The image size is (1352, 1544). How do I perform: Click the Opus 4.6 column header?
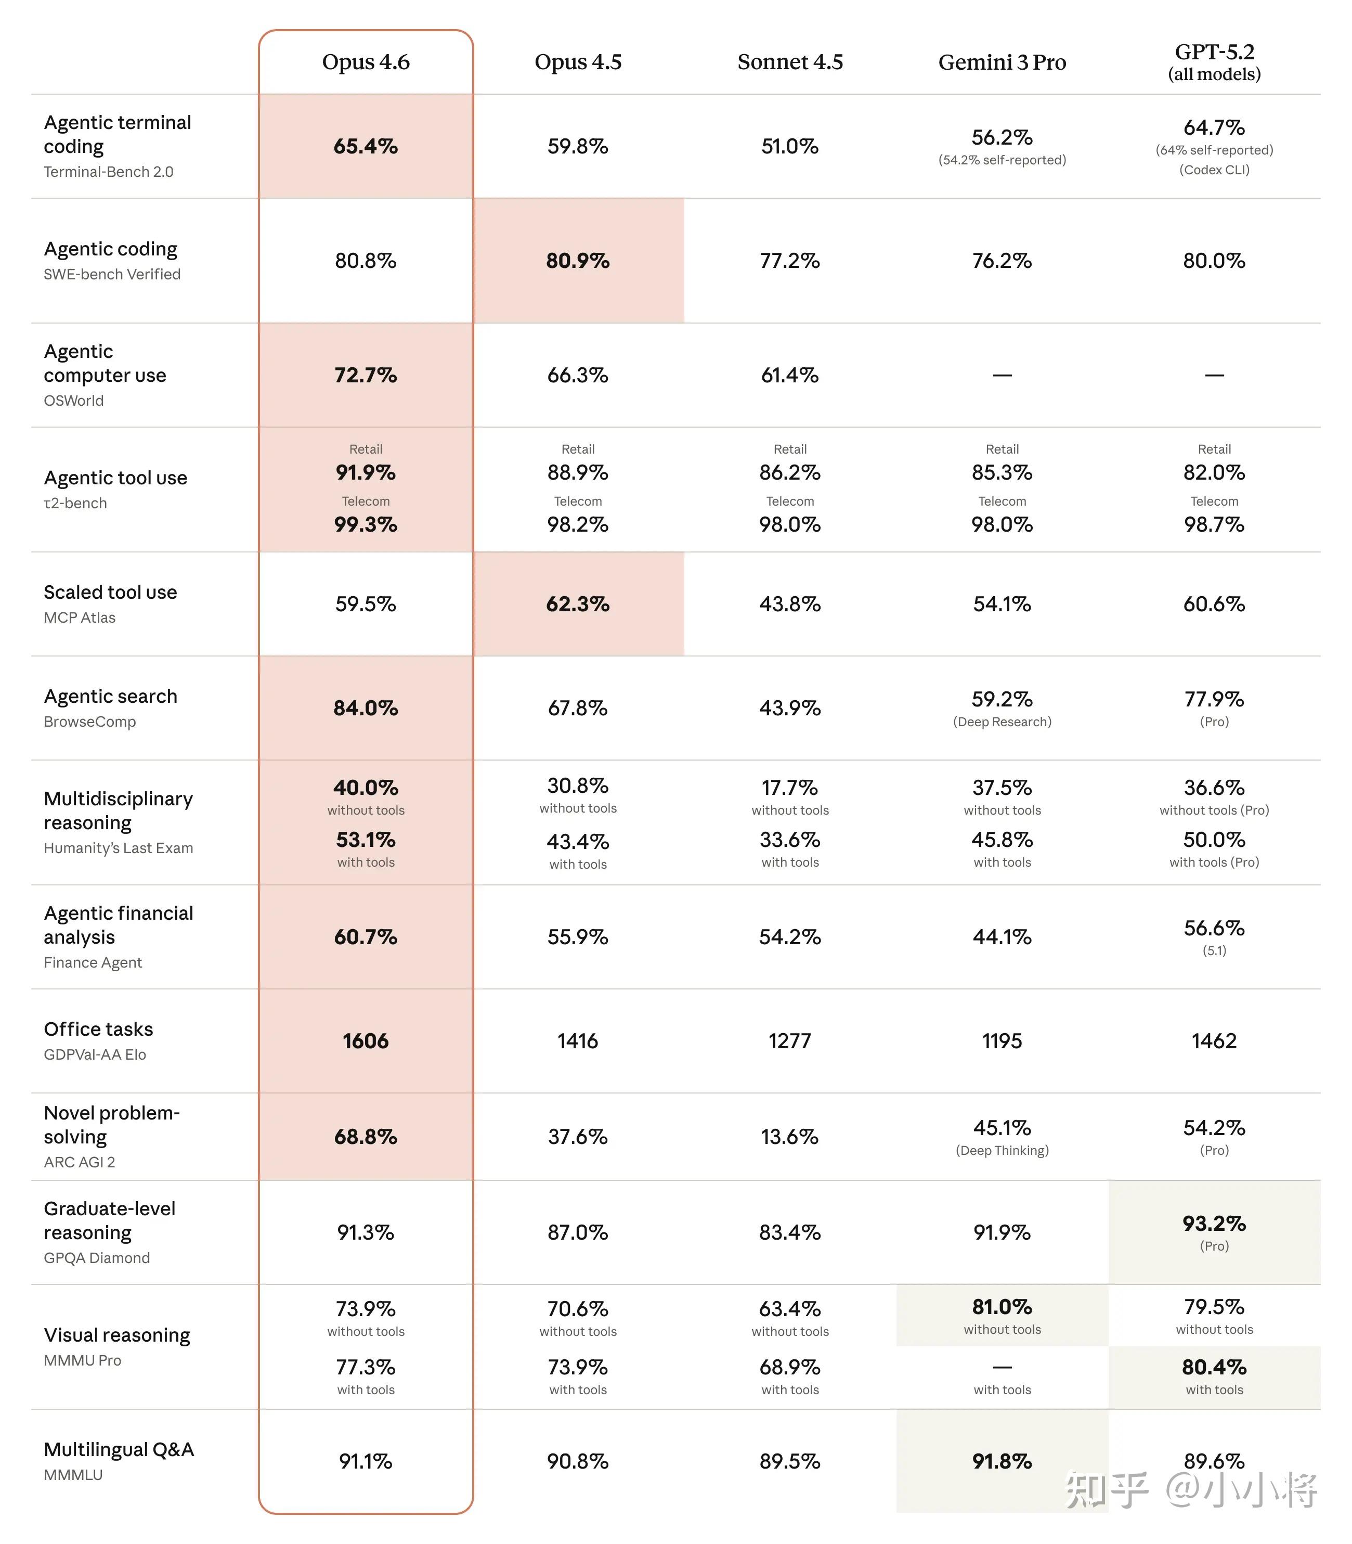tap(366, 62)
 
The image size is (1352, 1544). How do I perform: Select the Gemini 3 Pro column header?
tap(1002, 62)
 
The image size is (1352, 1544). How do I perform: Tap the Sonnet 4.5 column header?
tap(790, 62)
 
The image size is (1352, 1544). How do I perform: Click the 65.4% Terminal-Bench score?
tap(366, 146)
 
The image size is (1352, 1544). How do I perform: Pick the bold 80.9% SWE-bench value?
tap(578, 261)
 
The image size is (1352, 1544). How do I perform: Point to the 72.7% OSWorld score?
tap(366, 375)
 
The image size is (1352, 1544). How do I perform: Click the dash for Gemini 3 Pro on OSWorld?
tap(1002, 375)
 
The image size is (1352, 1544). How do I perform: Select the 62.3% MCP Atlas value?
tap(578, 604)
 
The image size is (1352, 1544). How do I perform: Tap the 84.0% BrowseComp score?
tap(366, 708)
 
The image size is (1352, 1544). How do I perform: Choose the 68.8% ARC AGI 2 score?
tap(366, 1137)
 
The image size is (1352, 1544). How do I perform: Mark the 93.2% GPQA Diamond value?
tap(1214, 1223)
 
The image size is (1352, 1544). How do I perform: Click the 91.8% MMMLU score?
tap(1002, 1461)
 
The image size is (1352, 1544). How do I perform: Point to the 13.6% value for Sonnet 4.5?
tap(790, 1137)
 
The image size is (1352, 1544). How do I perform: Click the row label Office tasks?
tap(98, 1030)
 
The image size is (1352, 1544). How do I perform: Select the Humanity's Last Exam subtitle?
tap(119, 848)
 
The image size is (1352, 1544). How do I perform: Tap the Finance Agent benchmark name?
tap(93, 962)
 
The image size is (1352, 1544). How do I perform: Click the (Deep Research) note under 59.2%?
tap(1002, 722)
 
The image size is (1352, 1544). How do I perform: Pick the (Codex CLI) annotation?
tap(1214, 170)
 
